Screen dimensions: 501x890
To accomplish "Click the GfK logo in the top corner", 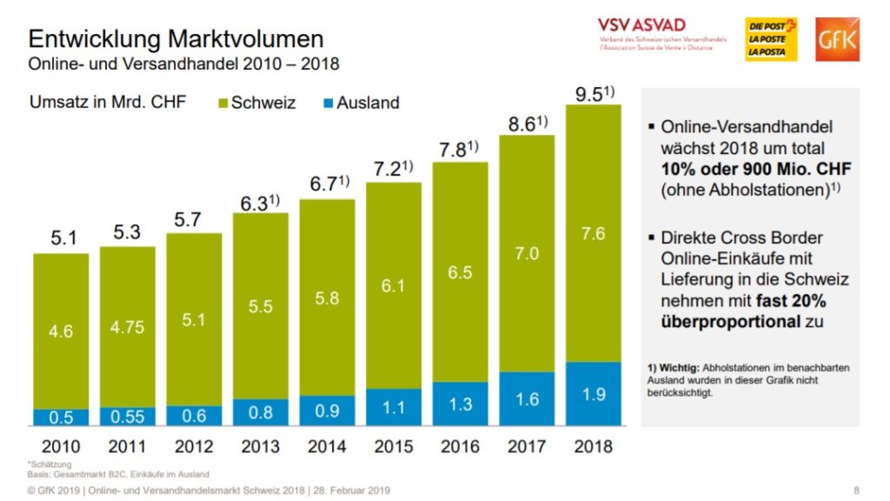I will [837, 40].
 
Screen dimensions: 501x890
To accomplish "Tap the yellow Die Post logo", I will [771, 40].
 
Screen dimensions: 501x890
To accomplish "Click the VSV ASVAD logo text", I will [641, 24].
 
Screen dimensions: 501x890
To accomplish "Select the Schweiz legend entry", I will [256, 103].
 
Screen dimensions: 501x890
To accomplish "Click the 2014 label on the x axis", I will [327, 447].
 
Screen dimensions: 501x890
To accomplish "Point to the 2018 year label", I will [594, 447].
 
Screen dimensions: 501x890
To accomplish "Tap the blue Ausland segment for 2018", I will [594, 393].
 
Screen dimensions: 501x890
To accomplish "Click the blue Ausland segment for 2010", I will [61, 417].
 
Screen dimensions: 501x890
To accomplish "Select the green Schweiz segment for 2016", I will [460, 272].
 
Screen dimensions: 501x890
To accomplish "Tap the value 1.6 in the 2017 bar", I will [527, 399].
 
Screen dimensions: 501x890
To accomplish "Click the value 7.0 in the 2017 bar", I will [527, 254].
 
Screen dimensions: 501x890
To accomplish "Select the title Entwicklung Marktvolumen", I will [176, 39].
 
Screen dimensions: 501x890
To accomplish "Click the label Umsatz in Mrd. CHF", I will [109, 103].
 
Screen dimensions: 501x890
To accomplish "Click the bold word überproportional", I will [730, 321].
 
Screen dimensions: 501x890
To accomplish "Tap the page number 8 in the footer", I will [856, 490].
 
